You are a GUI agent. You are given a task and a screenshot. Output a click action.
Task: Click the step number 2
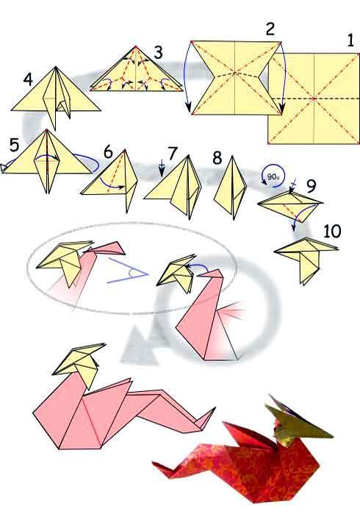270,29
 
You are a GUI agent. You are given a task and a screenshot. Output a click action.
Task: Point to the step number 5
13,144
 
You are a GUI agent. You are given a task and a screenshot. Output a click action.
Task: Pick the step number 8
217,157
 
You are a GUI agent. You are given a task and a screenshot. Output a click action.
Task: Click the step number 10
332,232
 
